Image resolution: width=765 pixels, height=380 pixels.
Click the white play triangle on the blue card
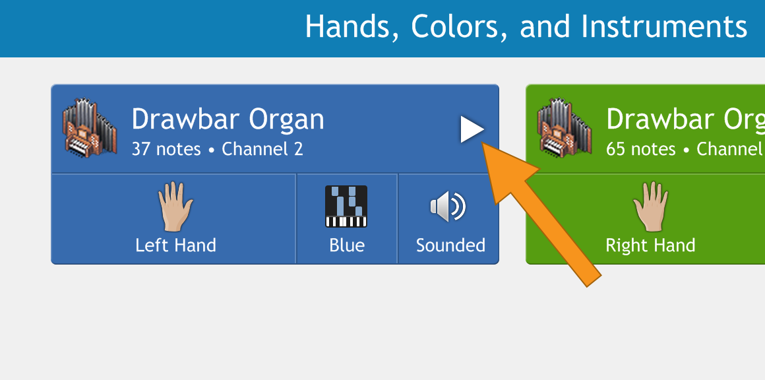472,130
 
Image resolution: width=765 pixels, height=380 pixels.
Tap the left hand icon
175,206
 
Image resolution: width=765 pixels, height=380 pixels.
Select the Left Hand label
175,245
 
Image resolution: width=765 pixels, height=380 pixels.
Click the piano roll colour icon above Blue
346,206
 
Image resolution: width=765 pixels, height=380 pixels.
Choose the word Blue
347,245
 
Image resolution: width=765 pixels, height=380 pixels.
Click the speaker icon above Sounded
448,206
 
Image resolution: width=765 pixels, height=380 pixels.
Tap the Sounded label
450,245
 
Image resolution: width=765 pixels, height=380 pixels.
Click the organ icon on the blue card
90,127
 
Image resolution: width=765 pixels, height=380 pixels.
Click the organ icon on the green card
565,127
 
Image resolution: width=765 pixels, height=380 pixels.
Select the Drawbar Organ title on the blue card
228,119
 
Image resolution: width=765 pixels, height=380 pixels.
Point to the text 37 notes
166,149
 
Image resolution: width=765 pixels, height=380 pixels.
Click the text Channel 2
262,149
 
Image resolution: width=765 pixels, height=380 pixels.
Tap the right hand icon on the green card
650,206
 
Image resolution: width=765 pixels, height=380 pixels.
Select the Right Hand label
650,245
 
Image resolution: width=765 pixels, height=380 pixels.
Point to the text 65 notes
640,149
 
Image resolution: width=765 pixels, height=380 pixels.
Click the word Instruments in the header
664,26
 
